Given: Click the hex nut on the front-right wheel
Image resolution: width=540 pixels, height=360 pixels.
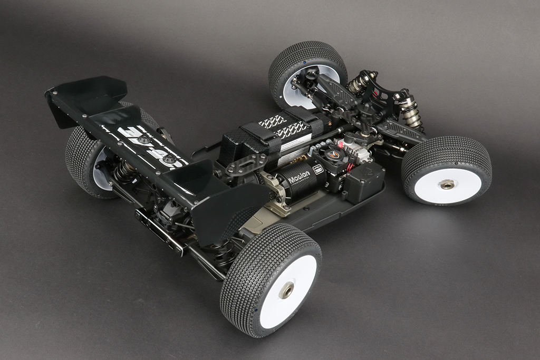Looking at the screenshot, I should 447,184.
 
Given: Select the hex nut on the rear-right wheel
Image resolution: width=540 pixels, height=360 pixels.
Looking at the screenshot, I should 286,290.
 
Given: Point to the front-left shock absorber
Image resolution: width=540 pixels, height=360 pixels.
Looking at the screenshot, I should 359,84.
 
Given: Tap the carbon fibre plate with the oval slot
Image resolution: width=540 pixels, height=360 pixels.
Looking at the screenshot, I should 246,164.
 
